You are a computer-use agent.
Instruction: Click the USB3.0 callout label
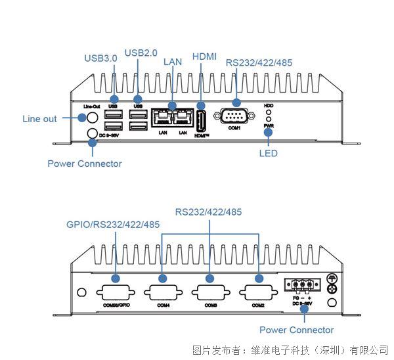tap(100, 58)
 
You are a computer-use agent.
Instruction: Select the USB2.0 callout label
tap(141, 53)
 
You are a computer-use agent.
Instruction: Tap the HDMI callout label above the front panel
tap(204, 57)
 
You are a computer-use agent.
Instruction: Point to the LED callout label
tap(268, 153)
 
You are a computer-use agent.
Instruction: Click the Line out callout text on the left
tap(39, 119)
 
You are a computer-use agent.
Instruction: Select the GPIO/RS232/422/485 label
tap(112, 224)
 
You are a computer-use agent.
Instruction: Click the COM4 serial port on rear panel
tap(162, 292)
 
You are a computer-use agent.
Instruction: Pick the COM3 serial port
tap(210, 292)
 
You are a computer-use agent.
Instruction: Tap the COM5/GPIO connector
tap(115, 292)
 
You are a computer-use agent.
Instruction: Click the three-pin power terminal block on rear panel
tap(301, 286)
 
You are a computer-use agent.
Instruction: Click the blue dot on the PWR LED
tap(268, 131)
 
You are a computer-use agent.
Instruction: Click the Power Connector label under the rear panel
tap(296, 330)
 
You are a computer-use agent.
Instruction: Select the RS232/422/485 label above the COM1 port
tap(259, 63)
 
